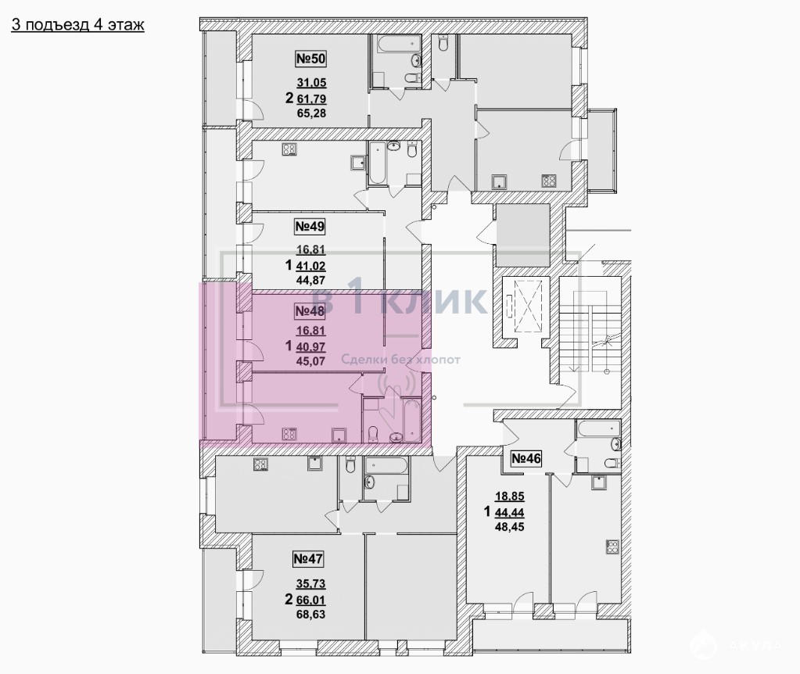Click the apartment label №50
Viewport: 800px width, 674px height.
[310, 59]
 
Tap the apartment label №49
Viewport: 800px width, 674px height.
[310, 226]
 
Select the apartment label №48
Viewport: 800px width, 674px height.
[310, 310]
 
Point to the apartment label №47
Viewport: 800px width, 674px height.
[308, 559]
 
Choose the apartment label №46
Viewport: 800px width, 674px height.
[526, 459]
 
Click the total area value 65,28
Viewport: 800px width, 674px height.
[311, 113]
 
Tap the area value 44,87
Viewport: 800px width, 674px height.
[310, 280]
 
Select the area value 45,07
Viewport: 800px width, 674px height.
[310, 362]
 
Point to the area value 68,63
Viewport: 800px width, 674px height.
[310, 615]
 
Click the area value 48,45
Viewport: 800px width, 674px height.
[510, 526]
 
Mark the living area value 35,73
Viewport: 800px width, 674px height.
[310, 583]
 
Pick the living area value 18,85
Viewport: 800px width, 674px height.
[510, 496]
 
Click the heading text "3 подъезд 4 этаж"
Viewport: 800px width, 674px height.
[77, 25]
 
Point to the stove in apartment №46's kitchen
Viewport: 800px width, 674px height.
[612, 547]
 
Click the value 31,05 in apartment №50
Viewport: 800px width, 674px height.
[311, 83]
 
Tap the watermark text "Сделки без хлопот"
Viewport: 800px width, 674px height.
[400, 360]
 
